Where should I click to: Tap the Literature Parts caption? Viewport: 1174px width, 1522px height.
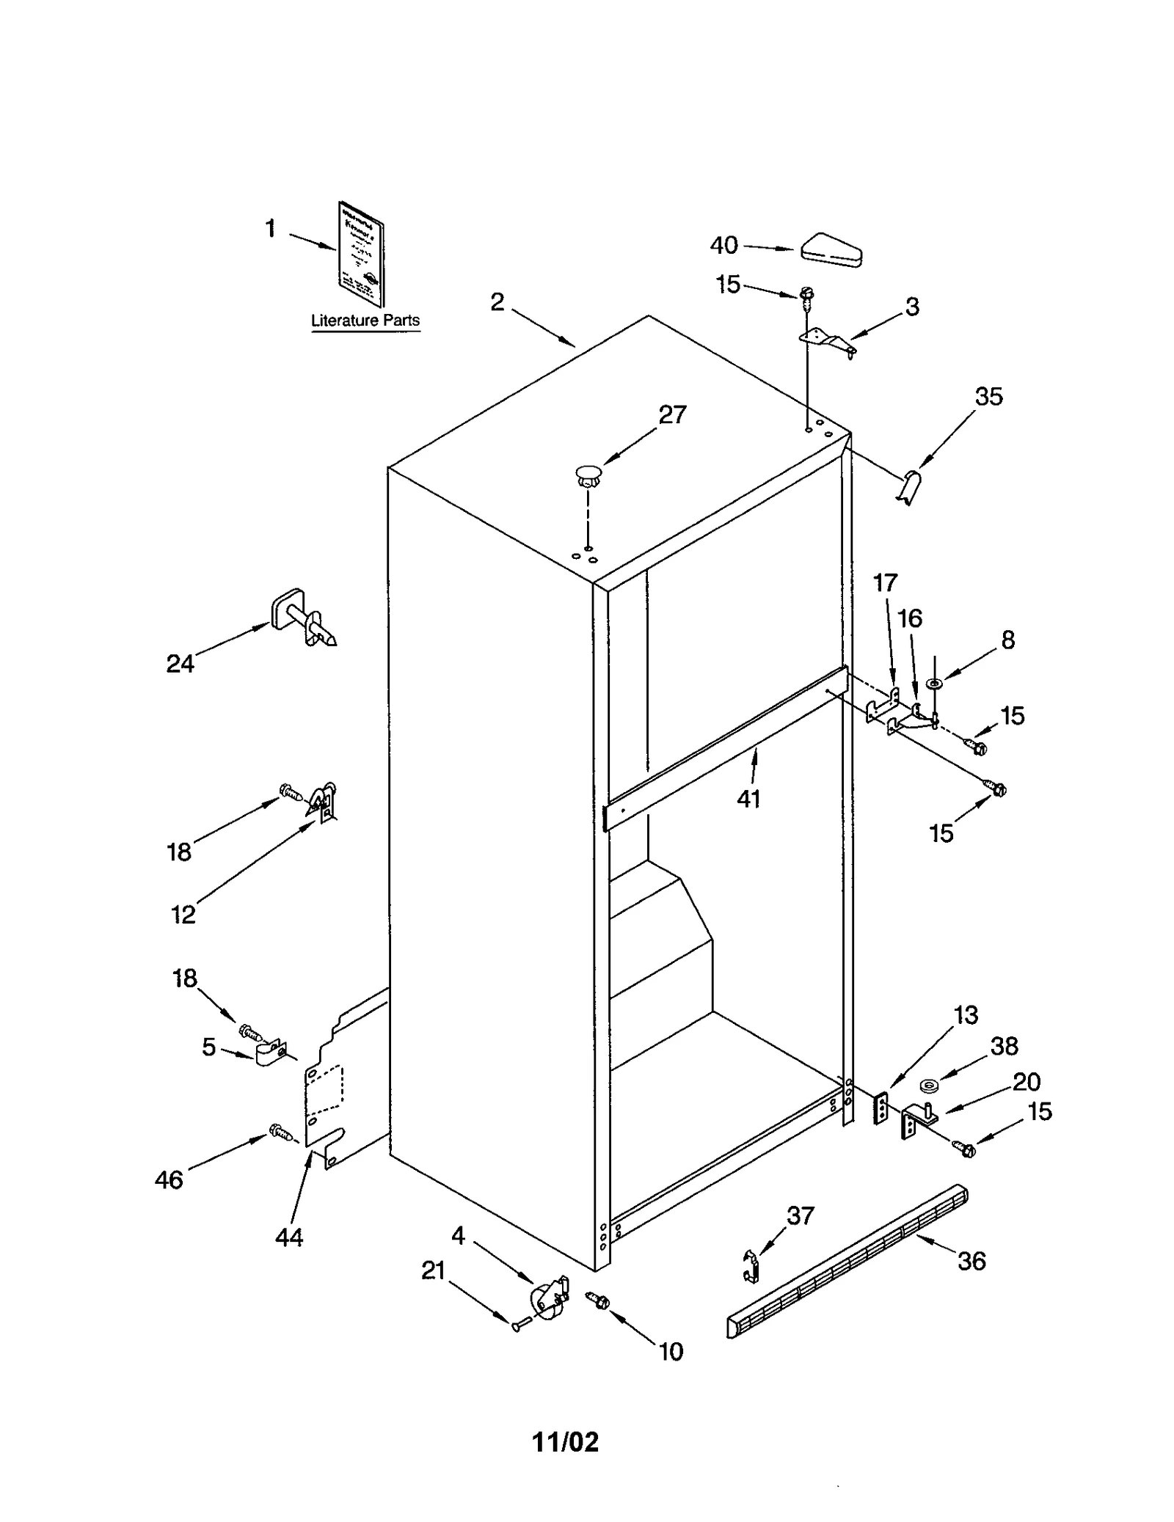click(x=365, y=321)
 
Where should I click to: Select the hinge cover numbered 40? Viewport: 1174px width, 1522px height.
click(x=831, y=249)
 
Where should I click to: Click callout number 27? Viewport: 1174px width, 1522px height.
click(x=671, y=415)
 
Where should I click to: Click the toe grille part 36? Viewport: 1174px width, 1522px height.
click(x=847, y=1260)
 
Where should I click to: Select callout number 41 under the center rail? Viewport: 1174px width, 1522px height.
click(x=748, y=799)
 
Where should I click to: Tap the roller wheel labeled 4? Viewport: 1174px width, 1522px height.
click(x=547, y=1302)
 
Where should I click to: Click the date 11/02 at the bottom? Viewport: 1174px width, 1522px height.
click(x=565, y=1443)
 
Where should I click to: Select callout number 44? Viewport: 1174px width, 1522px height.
click(x=288, y=1238)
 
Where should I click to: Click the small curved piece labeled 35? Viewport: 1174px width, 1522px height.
click(x=909, y=487)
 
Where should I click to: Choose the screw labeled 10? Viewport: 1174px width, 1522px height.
click(x=598, y=1300)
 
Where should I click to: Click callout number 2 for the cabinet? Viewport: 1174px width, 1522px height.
click(x=497, y=302)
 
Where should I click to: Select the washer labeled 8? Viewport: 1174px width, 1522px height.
click(x=934, y=684)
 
